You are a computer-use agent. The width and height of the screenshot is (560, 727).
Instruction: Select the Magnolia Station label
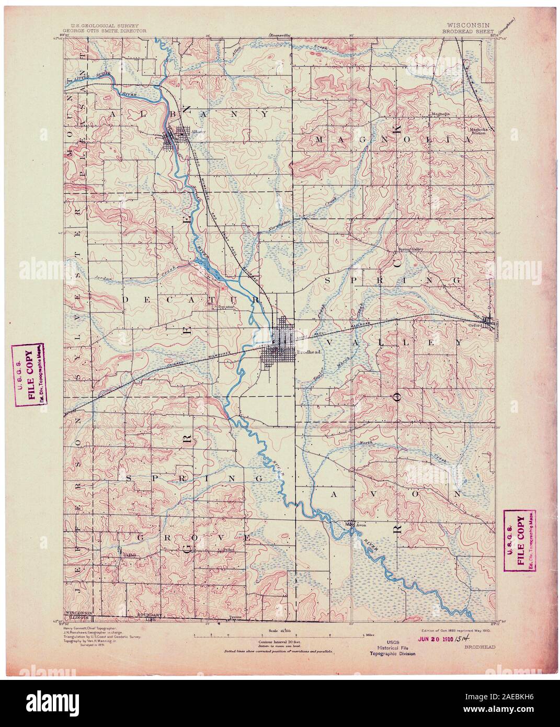pyautogui.click(x=482, y=131)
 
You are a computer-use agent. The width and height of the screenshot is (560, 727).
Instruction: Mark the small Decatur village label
pyautogui.click(x=224, y=308)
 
